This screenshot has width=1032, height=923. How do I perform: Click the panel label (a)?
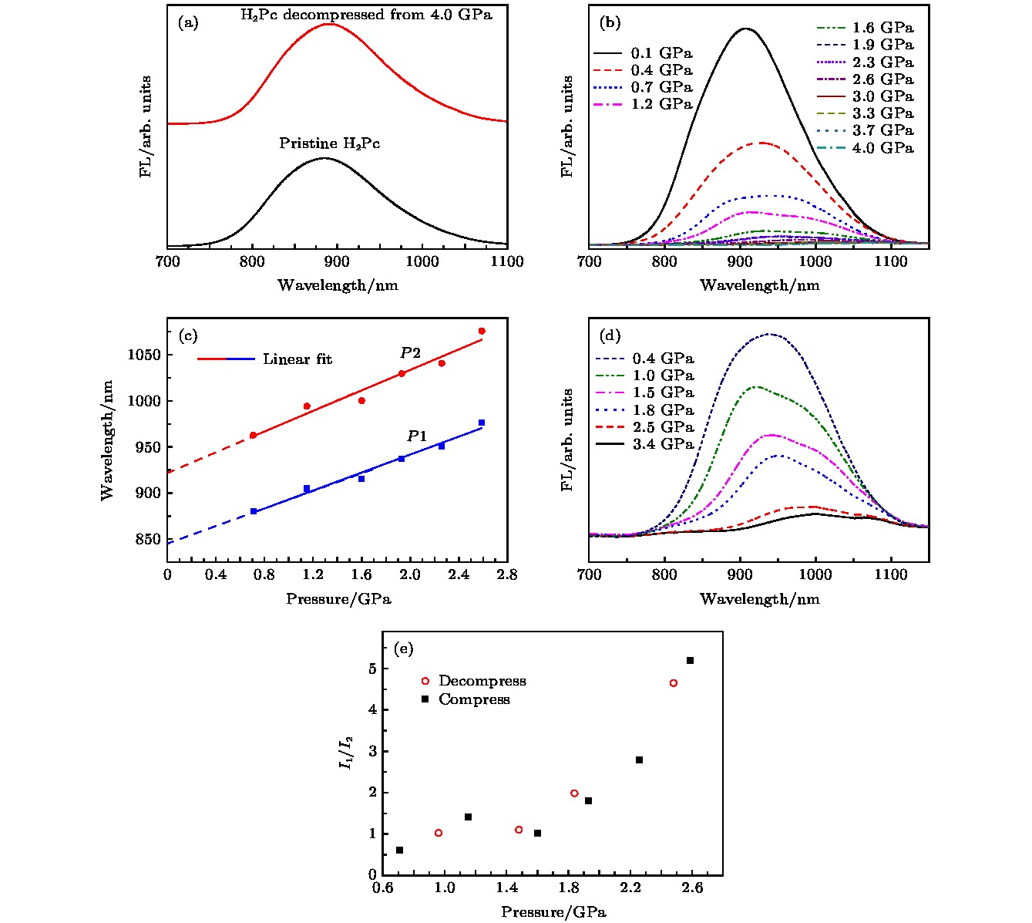[188, 23]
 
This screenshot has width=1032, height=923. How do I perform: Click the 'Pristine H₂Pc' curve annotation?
[329, 143]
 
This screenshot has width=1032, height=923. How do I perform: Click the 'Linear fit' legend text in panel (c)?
[297, 359]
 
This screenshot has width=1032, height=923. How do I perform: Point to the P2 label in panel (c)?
[410, 353]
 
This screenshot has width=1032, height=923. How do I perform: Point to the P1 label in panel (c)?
[417, 436]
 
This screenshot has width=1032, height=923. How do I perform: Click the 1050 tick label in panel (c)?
[144, 355]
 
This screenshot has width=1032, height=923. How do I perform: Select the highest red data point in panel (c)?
[482, 331]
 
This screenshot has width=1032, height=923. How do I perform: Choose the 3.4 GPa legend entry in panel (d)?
[663, 444]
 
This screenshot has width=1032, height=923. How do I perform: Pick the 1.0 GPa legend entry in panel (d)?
[663, 376]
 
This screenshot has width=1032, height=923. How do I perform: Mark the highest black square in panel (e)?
[690, 660]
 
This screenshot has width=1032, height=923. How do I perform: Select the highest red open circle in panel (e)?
[674, 683]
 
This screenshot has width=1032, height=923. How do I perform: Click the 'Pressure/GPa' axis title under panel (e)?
[553, 912]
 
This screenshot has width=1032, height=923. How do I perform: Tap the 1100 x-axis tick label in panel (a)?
[506, 261]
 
